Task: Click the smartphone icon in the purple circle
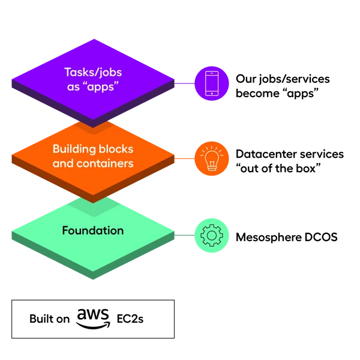click(212, 83)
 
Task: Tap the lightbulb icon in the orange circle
click(212, 159)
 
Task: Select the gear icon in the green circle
click(212, 235)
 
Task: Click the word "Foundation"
click(93, 231)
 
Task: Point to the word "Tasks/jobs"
click(93, 73)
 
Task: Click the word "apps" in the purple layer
click(104, 86)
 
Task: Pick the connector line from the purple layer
click(185, 83)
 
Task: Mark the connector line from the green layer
click(185, 235)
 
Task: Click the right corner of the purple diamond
click(176, 80)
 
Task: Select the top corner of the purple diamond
click(93, 39)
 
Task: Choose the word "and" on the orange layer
click(62, 163)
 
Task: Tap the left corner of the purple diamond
click(11, 78)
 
